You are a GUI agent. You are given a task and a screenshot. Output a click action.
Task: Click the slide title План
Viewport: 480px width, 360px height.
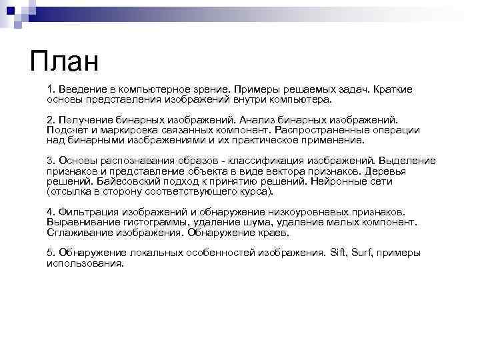pyautogui.click(x=64, y=62)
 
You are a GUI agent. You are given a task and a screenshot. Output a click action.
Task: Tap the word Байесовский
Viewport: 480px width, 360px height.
pyautogui.click(x=129, y=181)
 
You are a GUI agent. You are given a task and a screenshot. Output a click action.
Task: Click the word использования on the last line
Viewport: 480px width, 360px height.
pyautogui.click(x=85, y=263)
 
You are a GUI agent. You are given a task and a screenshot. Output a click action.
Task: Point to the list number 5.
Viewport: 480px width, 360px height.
pyautogui.click(x=50, y=253)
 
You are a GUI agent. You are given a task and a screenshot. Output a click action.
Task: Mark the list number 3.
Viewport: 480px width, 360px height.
pyautogui.click(x=50, y=160)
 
